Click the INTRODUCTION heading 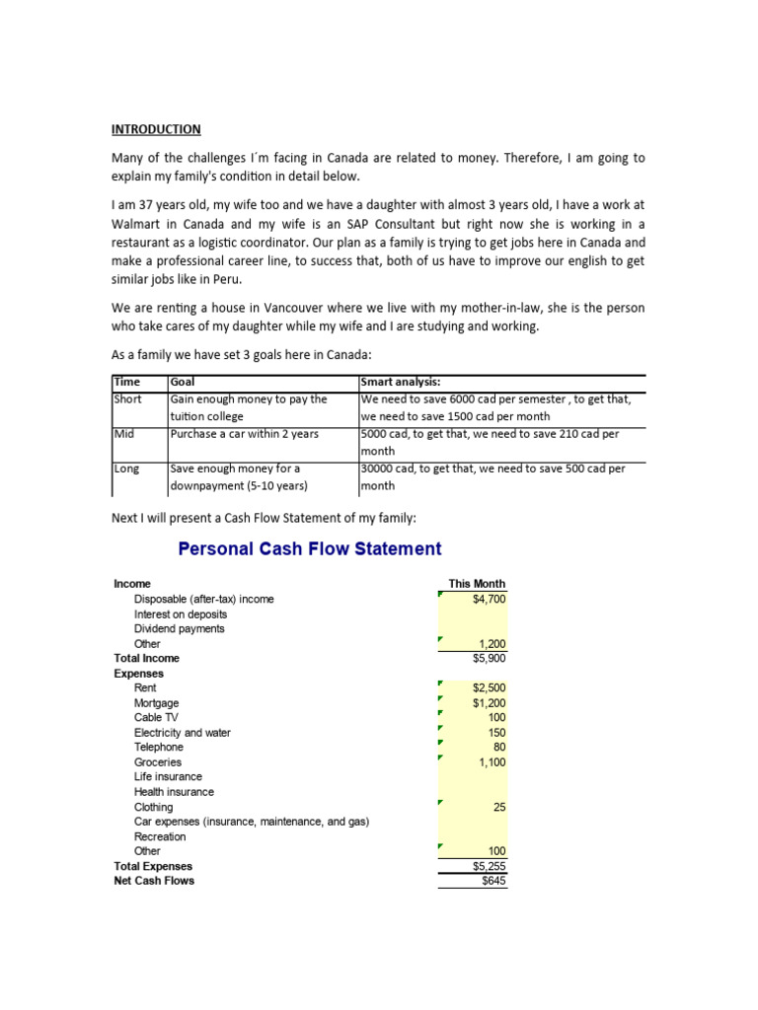[x=156, y=129]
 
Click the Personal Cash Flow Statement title [x=309, y=549]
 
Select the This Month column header [x=477, y=584]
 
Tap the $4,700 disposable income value [x=489, y=599]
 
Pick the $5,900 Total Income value [x=489, y=658]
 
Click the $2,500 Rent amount [x=489, y=687]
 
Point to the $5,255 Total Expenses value [x=489, y=866]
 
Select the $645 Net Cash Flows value [x=493, y=881]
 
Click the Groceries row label [x=158, y=762]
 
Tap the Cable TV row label [x=156, y=718]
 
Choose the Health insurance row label [x=174, y=792]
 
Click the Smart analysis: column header [x=404, y=382]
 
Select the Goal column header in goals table [x=183, y=382]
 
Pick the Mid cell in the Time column [x=123, y=433]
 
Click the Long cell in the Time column [x=126, y=469]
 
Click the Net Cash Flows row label [x=154, y=881]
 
